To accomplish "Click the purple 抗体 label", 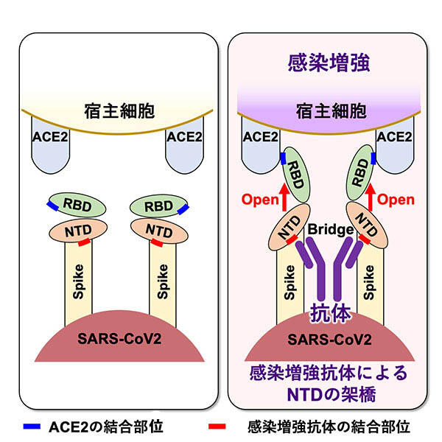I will [329, 314].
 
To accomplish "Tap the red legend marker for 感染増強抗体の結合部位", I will [217, 427].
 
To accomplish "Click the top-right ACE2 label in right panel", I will [394, 136].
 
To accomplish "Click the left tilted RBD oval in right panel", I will [295, 173].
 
